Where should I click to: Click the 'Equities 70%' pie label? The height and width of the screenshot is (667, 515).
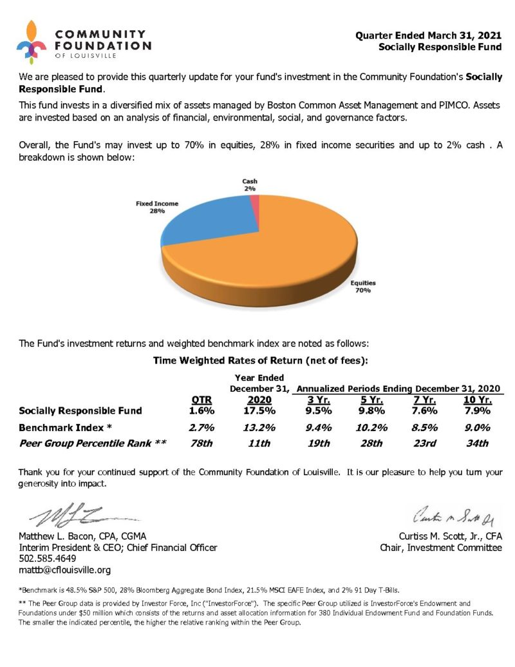coord(362,286)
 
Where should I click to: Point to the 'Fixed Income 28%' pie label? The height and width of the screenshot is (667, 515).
coord(156,207)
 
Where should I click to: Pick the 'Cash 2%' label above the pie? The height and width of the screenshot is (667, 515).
coord(250,185)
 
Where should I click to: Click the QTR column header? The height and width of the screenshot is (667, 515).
coord(202,400)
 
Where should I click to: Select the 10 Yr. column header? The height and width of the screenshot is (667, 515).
coord(477,400)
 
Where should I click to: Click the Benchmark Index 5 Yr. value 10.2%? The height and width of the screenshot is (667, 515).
coord(371,427)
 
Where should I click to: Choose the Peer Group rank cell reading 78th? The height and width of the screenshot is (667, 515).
coord(202,443)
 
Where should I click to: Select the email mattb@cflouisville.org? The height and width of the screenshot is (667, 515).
coord(65,570)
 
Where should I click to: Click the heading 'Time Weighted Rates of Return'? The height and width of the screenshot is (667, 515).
coord(260,362)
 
